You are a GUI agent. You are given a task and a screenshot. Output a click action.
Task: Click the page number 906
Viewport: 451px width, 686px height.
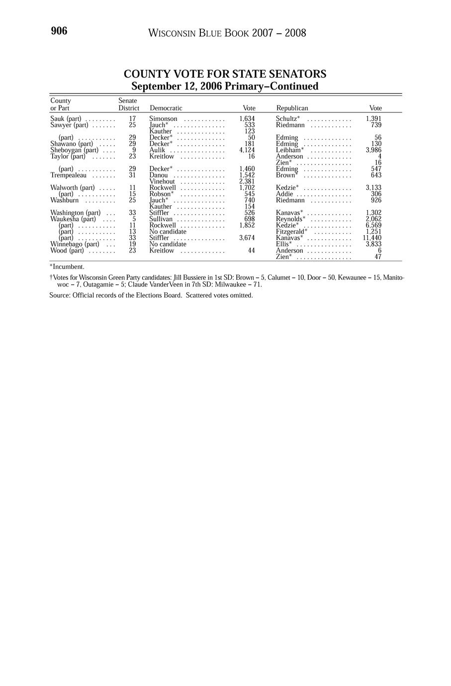point(59,31)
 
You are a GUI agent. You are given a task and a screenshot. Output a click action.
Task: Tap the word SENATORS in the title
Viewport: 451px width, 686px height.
point(297,74)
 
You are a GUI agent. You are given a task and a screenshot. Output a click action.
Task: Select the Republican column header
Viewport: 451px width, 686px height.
point(292,108)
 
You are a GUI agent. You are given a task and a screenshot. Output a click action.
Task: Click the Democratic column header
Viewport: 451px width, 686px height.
point(166,108)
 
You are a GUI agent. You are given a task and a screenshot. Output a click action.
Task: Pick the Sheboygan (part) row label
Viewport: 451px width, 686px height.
point(74,150)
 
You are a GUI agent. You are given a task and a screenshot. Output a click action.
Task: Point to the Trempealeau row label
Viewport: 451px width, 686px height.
point(69,175)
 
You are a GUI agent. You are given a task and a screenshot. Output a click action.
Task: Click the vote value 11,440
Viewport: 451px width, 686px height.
point(372,238)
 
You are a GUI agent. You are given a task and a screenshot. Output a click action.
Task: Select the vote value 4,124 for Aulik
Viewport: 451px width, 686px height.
point(247,150)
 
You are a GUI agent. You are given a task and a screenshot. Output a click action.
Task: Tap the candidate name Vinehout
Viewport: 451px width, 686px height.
point(162,181)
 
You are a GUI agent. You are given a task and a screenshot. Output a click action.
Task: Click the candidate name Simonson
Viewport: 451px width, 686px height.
point(163,119)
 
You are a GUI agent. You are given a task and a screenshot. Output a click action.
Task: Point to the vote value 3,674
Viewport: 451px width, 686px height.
point(247,238)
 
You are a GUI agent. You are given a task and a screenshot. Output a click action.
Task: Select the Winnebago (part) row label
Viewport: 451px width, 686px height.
point(75,244)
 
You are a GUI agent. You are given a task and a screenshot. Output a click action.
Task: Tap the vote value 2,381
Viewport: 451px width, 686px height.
point(247,181)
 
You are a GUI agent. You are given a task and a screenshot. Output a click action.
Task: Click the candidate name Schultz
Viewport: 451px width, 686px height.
point(286,119)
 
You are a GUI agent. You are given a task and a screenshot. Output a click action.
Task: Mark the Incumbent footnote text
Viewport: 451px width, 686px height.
point(68,267)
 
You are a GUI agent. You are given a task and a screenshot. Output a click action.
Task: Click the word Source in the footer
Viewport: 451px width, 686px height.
point(59,295)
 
